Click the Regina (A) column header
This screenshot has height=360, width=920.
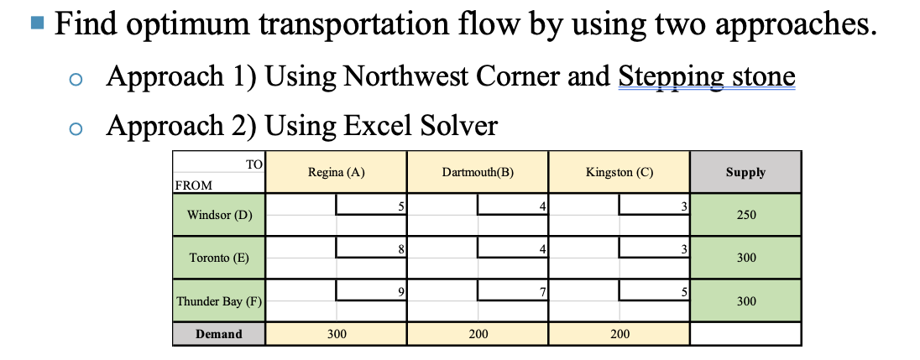[336, 172]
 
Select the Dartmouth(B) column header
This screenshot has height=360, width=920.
[477, 172]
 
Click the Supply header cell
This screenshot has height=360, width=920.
[745, 172]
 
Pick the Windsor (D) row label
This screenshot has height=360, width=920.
[219, 215]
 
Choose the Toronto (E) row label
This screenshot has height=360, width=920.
[219, 258]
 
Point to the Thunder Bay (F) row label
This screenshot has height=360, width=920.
[219, 301]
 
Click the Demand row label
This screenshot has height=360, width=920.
[218, 334]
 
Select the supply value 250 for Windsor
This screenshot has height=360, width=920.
[745, 215]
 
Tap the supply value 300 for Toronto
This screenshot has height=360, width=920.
[745, 258]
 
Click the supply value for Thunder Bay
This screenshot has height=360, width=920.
[745, 301]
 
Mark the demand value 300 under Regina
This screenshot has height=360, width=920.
[336, 334]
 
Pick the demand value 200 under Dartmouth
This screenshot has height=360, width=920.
[478, 334]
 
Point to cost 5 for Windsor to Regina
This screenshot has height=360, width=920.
[401, 205]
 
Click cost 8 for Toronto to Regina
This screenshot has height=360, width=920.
[401, 248]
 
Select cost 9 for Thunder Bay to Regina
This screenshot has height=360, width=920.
[401, 291]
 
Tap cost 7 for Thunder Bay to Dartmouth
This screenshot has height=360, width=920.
[543, 291]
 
